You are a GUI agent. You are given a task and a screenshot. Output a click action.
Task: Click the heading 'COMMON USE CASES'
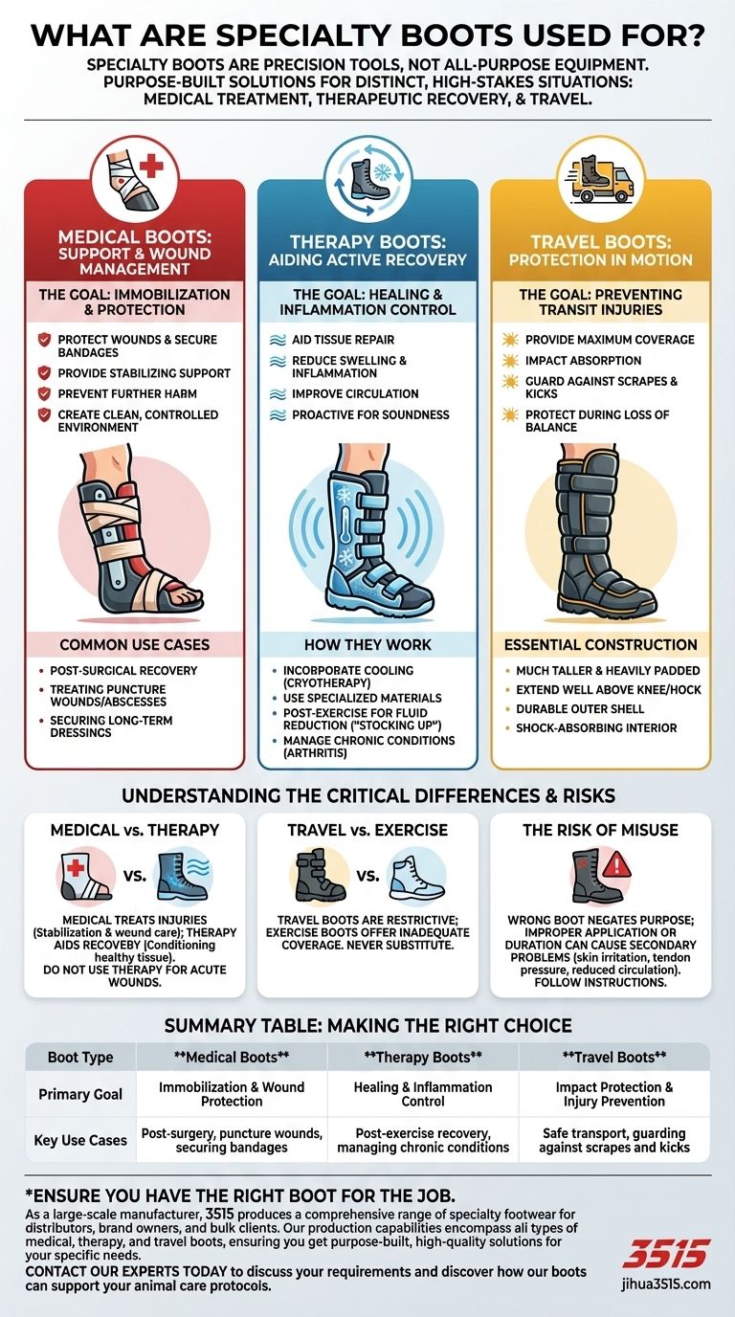tap(135, 645)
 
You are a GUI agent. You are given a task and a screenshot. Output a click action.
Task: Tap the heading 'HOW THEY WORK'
tap(367, 645)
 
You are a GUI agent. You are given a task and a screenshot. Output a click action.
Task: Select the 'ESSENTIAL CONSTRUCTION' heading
tap(601, 645)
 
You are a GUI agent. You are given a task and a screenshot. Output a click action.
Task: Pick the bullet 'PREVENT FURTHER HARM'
tap(128, 394)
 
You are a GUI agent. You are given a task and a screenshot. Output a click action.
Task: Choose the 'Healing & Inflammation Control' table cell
tap(423, 1095)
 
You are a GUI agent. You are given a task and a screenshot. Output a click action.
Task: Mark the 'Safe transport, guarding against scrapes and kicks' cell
tap(613, 1140)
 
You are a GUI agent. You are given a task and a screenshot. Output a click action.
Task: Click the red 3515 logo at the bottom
tap(667, 1254)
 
